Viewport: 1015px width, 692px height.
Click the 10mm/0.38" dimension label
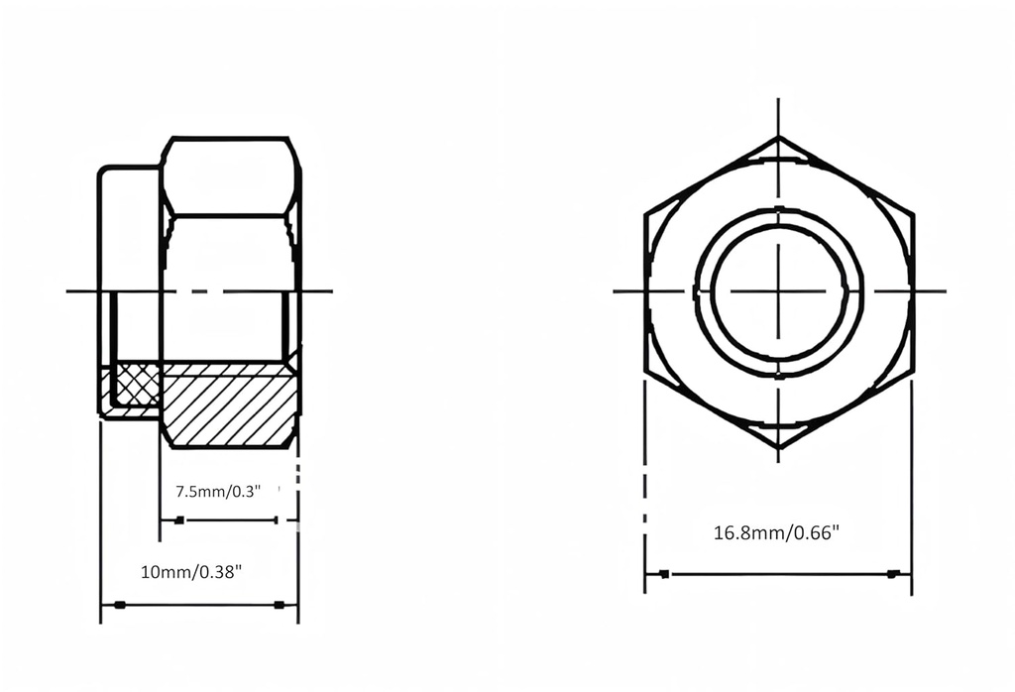click(x=191, y=572)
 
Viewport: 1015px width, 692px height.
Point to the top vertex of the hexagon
click(x=778, y=137)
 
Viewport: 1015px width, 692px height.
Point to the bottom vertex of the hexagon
click(x=778, y=448)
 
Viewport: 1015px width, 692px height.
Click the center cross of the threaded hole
click(x=778, y=291)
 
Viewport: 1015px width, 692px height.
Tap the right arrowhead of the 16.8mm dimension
click(x=893, y=574)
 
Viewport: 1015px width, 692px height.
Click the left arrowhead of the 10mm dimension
click(x=119, y=605)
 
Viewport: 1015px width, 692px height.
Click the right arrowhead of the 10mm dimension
click(x=280, y=605)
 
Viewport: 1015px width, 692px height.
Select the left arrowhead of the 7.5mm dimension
click(x=178, y=520)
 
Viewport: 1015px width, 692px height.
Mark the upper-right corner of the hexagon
click(x=911, y=212)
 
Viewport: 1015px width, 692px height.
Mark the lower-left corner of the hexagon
click(x=645, y=373)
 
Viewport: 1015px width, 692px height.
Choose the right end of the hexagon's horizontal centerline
click(x=944, y=291)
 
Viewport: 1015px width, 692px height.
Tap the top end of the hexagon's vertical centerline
click(x=778, y=100)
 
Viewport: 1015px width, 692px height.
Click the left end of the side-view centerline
click(x=68, y=291)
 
